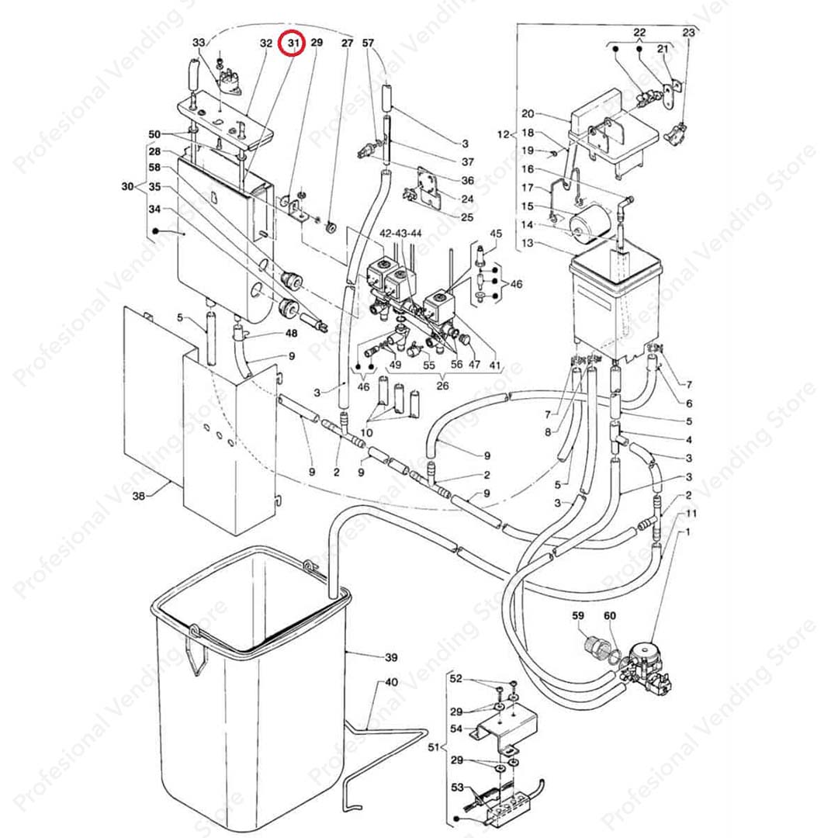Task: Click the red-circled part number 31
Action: click(x=293, y=44)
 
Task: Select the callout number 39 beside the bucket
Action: click(x=391, y=657)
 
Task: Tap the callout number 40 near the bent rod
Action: click(x=391, y=682)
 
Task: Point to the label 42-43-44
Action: click(x=400, y=233)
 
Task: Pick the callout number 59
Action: click(x=578, y=616)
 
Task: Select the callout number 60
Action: click(x=609, y=616)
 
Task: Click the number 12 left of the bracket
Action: click(x=505, y=135)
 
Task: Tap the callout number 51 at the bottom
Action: click(x=434, y=748)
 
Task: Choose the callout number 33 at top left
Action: click(x=199, y=42)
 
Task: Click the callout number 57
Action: click(x=368, y=43)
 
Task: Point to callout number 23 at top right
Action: click(x=688, y=33)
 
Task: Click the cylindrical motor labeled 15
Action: click(x=588, y=223)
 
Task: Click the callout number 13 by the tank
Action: click(x=528, y=243)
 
